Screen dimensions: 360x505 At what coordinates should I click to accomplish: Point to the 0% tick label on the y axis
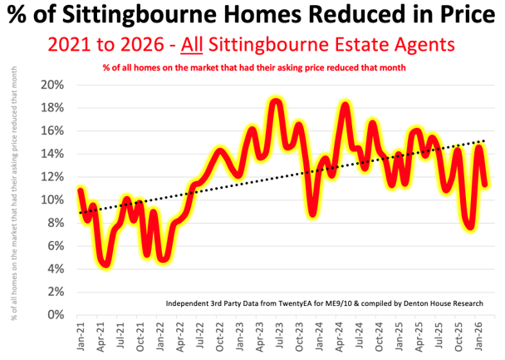point(55,314)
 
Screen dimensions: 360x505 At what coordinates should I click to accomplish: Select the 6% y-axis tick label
point(55,245)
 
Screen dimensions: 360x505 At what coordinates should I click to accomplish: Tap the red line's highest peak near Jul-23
point(276,101)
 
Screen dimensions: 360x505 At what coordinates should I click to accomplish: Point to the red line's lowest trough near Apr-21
point(105,264)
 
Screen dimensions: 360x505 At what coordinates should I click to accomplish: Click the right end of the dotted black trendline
point(484,141)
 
